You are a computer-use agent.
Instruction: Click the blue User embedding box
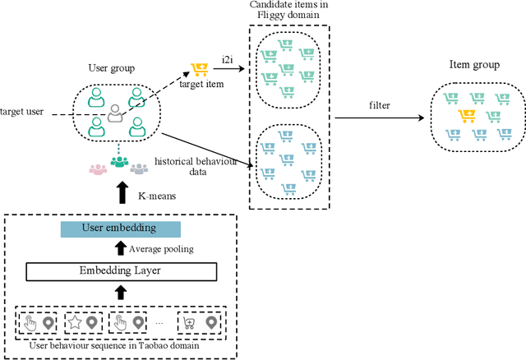tap(120, 228)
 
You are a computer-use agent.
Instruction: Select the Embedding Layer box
tap(120, 270)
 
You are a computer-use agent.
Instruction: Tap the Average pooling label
tap(160, 248)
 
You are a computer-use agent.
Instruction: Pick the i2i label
tap(228, 58)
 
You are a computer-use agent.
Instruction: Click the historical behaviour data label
tap(196, 167)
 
